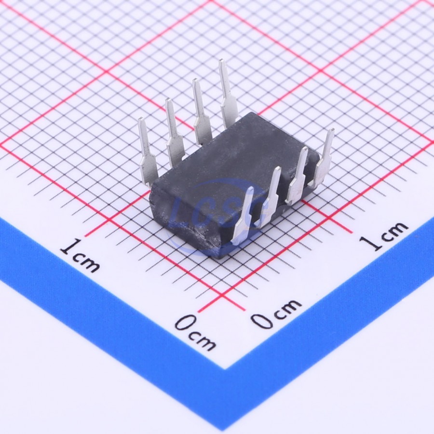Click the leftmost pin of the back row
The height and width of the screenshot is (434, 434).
[x=148, y=151]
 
